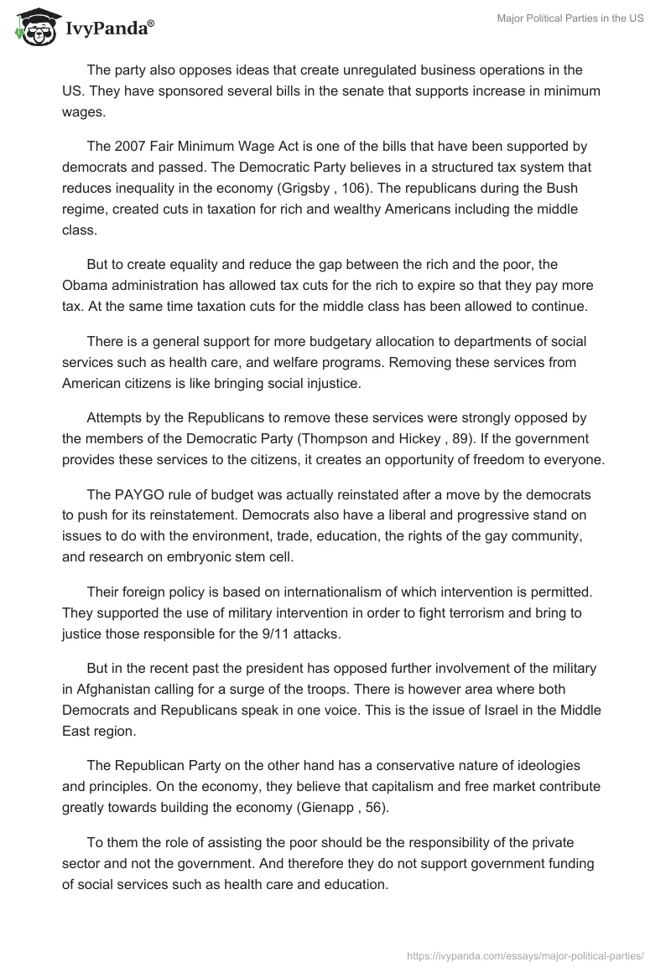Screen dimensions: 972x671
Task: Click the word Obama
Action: (x=84, y=287)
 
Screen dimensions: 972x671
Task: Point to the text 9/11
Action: (x=255, y=633)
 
